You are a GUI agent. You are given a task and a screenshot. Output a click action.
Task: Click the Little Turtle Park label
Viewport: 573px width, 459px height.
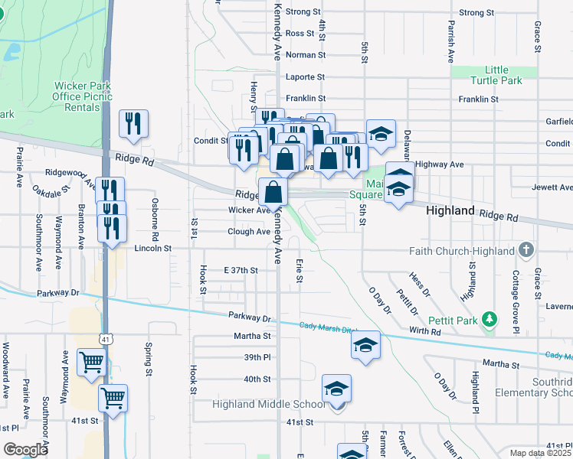[x=496, y=75]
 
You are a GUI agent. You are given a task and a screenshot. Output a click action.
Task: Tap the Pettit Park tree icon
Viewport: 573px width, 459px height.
[x=490, y=320]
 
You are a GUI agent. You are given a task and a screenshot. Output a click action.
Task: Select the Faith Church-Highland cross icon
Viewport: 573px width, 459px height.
[x=526, y=249]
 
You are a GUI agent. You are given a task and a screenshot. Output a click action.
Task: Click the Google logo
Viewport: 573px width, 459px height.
[x=25, y=450]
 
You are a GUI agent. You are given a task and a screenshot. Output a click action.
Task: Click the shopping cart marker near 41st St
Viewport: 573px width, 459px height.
[x=113, y=398]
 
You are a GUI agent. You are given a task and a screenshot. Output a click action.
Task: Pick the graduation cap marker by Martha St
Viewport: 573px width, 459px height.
[x=366, y=345]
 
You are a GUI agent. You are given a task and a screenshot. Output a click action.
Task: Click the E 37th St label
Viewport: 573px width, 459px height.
[x=241, y=270]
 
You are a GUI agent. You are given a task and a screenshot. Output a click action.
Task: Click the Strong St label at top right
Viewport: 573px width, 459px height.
[x=476, y=13]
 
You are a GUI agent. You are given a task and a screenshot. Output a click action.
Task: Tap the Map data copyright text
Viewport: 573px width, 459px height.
[x=539, y=453]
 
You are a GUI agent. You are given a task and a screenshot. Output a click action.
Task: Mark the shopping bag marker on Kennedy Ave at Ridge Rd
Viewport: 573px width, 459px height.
[x=273, y=192]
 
